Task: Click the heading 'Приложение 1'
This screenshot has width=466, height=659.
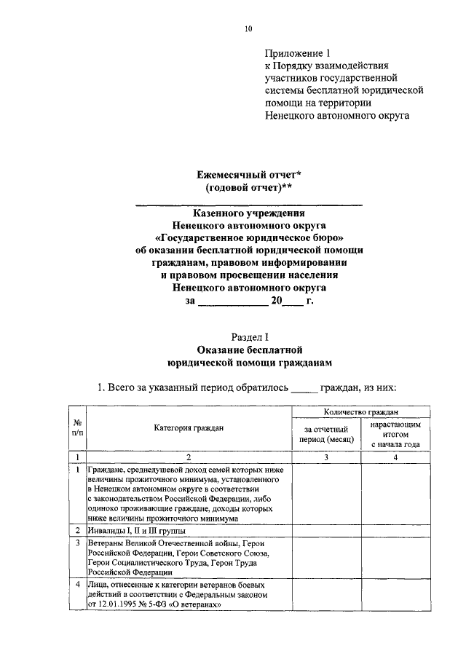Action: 298,53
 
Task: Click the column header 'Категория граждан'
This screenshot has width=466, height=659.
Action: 189,427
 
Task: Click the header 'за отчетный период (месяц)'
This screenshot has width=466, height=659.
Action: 325,435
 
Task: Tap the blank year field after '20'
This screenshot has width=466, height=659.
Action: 291,300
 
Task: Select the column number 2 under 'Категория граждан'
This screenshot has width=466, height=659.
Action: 188,457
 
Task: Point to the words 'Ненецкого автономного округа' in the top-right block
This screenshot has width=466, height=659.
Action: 336,115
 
